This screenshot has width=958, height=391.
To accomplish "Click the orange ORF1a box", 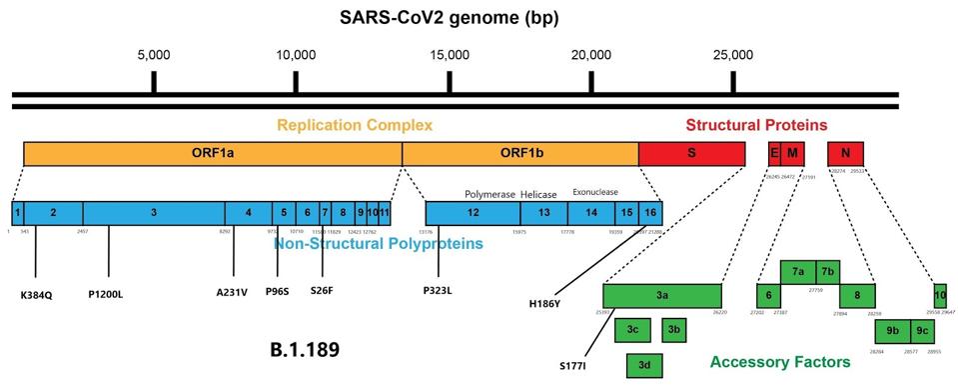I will [x=212, y=153].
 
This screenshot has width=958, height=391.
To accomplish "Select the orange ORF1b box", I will [x=519, y=153].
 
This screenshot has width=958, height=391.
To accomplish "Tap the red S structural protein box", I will [x=691, y=153].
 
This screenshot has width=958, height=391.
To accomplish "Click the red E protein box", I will [x=773, y=153].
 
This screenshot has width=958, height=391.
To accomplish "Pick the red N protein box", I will [x=845, y=153].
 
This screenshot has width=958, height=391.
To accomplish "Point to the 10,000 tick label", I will [x=296, y=54].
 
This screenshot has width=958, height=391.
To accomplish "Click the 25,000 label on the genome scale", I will [x=733, y=54].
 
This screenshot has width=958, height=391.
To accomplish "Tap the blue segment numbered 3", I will [x=154, y=213].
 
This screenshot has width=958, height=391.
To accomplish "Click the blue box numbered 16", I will [x=649, y=213].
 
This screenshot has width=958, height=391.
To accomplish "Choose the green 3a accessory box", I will [x=661, y=296].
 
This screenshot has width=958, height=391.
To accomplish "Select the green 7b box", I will [x=828, y=271].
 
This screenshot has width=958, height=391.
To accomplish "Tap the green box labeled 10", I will [x=940, y=296].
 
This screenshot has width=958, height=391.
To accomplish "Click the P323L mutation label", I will [x=438, y=293].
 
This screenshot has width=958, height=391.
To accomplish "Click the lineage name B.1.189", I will [x=304, y=351].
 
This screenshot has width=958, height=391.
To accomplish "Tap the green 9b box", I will [x=891, y=331].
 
